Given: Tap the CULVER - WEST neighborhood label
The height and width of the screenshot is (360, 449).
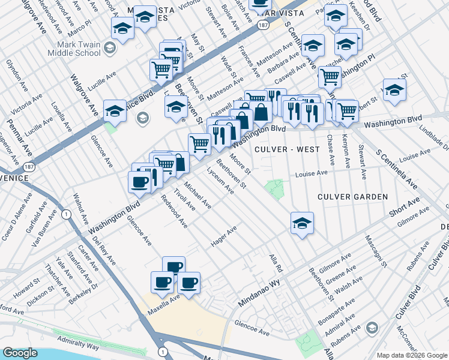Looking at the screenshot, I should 282,149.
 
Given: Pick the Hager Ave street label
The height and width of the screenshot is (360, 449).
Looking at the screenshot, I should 224,236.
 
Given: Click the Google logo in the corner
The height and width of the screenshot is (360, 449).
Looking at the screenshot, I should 20,353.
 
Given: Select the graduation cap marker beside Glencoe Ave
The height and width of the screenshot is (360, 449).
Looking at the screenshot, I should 115,110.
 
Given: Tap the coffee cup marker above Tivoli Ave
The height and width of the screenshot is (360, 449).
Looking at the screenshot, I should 139,182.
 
